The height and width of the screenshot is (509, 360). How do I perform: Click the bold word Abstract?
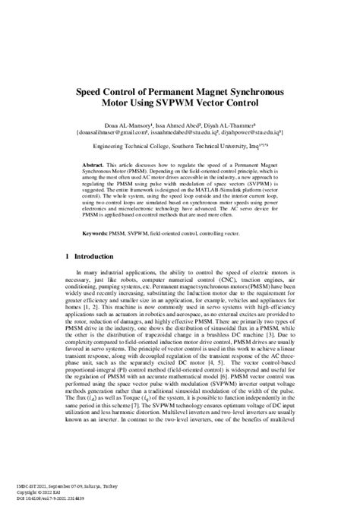96,163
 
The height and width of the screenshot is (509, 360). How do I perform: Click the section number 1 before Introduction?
68,258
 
